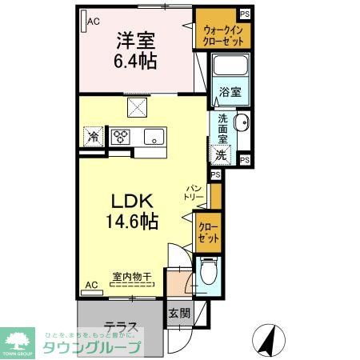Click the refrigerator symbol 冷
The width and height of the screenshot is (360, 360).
94,137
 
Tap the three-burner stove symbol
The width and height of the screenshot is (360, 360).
121,137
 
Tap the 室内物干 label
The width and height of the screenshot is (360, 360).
127,277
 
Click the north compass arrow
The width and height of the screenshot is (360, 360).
269,340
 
